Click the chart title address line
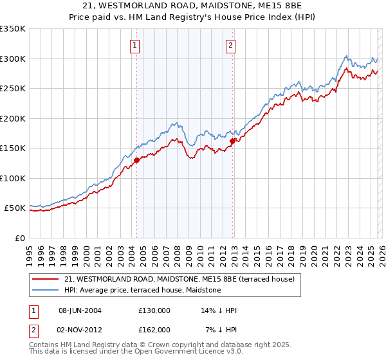tap(193, 6)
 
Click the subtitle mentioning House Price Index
tap(193, 17)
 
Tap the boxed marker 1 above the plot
tap(135, 45)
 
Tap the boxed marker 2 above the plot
tap(230, 45)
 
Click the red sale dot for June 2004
tap(137, 161)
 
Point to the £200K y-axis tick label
tap(13, 118)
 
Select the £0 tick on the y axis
tap(19, 238)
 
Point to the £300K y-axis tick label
tap(13, 59)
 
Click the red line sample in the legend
tap(45, 279)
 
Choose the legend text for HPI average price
tap(142, 291)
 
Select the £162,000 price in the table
tap(154, 330)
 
